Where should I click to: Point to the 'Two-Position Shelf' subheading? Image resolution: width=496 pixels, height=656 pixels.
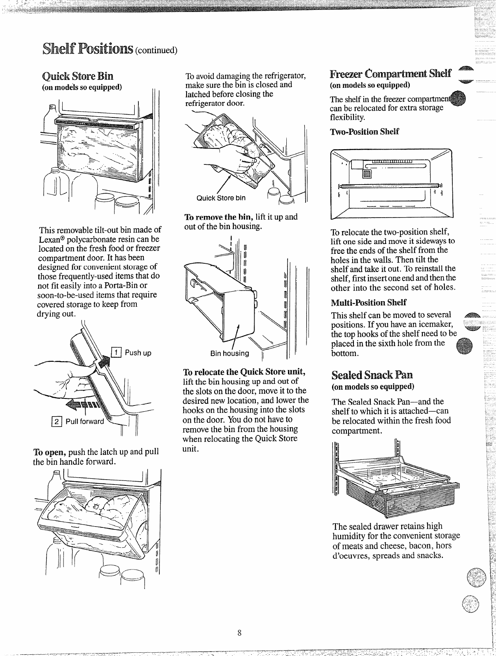(x=365, y=132)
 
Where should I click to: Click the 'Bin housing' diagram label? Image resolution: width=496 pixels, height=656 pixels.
(x=229, y=353)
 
